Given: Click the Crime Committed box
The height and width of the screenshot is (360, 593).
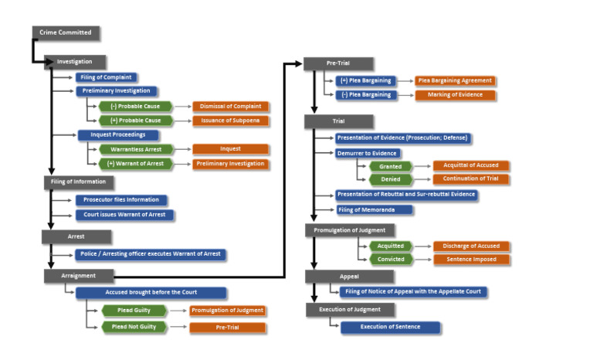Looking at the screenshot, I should (66, 32).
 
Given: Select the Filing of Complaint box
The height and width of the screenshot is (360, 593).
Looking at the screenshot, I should (107, 77).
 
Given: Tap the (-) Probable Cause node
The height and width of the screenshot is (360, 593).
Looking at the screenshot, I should (135, 106).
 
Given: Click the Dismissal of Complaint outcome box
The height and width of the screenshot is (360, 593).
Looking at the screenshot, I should (230, 106).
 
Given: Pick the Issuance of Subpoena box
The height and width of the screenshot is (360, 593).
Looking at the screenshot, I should (230, 121).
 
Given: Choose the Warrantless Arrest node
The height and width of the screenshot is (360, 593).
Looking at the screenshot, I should (135, 149).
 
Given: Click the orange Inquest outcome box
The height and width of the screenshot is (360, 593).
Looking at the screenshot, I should (230, 149).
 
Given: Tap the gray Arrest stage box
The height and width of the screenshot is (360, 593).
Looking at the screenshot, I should (76, 236).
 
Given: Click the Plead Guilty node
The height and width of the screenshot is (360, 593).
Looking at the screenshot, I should (134, 310).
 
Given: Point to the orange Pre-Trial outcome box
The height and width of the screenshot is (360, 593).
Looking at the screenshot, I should (227, 328).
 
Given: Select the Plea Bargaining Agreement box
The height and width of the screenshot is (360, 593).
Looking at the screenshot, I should (454, 80).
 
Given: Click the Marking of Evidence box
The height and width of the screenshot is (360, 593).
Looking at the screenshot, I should (454, 95).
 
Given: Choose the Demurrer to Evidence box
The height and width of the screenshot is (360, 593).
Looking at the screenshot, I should (365, 153).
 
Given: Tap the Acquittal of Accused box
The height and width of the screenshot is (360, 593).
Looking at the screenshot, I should (470, 165).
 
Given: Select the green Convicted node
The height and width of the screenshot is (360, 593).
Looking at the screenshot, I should (391, 260).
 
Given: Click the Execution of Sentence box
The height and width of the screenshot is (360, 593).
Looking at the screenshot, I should (390, 327).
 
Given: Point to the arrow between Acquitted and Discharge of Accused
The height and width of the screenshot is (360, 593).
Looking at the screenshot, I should (423, 246).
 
